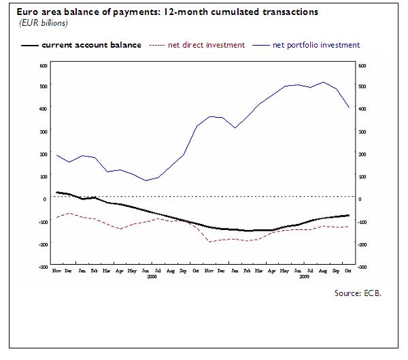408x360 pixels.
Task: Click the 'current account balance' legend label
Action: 91,45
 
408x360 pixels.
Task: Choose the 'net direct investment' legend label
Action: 206,45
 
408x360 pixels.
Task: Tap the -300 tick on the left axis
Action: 42,267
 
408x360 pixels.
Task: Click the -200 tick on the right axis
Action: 362,244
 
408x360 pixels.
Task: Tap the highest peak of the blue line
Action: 323,82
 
